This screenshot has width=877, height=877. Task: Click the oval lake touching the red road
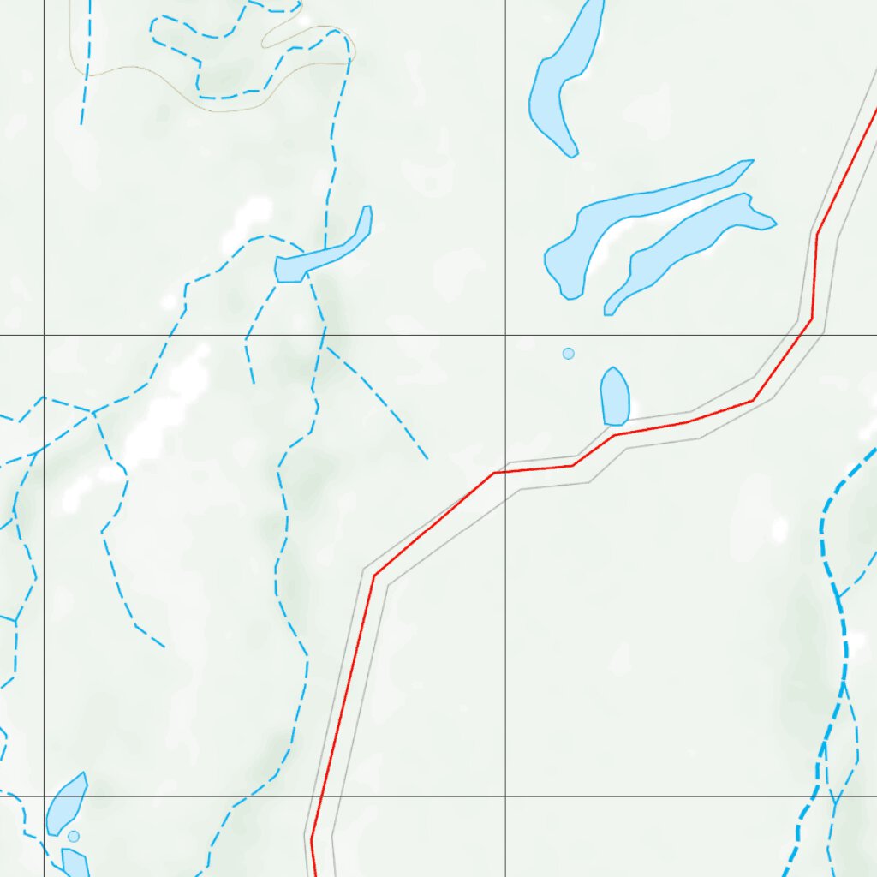click(x=615, y=397)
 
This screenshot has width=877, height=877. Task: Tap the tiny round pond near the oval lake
click(x=568, y=354)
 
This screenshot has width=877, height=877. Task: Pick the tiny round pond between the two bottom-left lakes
click(x=74, y=836)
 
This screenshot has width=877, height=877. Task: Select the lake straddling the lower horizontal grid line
click(x=65, y=805)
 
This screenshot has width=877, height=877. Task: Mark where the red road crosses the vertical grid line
click(x=505, y=472)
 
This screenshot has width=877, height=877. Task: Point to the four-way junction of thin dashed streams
click(x=92, y=413)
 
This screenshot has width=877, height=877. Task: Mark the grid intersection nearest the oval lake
click(x=505, y=335)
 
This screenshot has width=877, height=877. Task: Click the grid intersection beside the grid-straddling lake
click(x=45, y=796)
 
